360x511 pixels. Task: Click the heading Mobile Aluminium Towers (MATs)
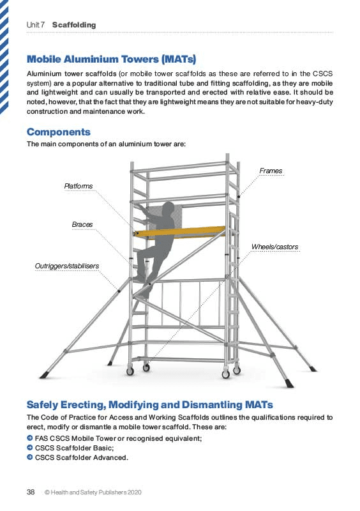coord(111,59)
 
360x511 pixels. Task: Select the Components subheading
coord(59,132)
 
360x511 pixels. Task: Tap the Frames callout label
coord(271,171)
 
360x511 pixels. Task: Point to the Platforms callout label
coord(78,186)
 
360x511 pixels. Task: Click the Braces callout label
coord(82,224)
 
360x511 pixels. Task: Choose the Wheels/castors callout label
coord(274,247)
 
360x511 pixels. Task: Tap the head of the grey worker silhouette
coord(168,209)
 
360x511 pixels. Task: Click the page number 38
coord(30,492)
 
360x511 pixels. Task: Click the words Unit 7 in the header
coord(36,25)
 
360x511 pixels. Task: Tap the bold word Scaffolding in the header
coord(74,25)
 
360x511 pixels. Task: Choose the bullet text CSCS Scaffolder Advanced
coord(82,458)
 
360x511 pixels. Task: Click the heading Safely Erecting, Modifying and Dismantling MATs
coord(149,405)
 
